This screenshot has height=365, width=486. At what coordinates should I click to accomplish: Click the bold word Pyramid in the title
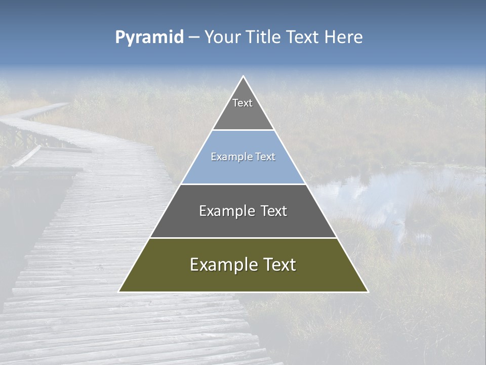pos(149,38)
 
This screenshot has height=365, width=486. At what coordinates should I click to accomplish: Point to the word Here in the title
pos(344,38)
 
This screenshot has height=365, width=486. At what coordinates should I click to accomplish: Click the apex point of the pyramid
pos(244,77)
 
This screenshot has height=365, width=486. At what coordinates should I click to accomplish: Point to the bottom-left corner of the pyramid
pos(119,291)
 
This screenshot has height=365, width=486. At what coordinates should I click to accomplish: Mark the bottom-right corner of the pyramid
pos(368,291)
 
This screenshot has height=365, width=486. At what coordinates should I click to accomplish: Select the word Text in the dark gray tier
pos(274,211)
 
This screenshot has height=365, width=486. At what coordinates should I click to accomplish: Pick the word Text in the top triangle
pos(242,103)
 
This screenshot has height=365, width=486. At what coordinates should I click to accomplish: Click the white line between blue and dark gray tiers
pos(243,184)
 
